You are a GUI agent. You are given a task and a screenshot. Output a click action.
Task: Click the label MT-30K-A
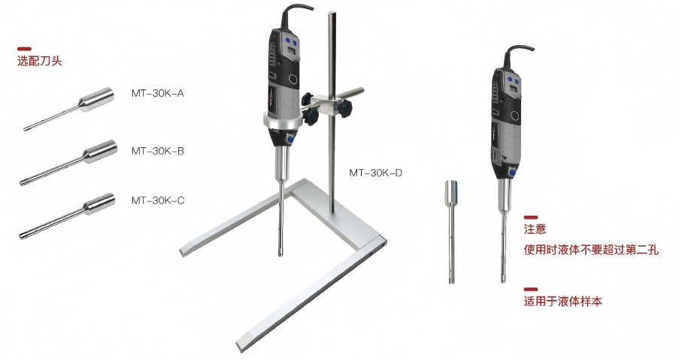coord(158,93)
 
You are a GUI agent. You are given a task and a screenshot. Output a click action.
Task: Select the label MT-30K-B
coord(158,151)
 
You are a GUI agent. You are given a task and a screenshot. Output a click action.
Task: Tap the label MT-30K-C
coord(158,201)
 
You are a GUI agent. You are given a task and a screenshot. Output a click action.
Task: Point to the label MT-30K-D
coord(375,173)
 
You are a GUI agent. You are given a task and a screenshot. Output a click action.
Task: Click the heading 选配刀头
coord(39,61)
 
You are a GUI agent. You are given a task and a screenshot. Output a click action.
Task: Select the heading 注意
coord(535,229)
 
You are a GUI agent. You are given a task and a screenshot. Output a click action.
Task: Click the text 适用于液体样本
coord(562,301)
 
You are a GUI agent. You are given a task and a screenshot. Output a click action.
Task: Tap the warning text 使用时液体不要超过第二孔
coord(591,250)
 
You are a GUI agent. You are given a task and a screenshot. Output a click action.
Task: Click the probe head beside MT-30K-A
coord(69,109)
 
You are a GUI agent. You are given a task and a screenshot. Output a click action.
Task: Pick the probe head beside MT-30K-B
coord(68,162)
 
